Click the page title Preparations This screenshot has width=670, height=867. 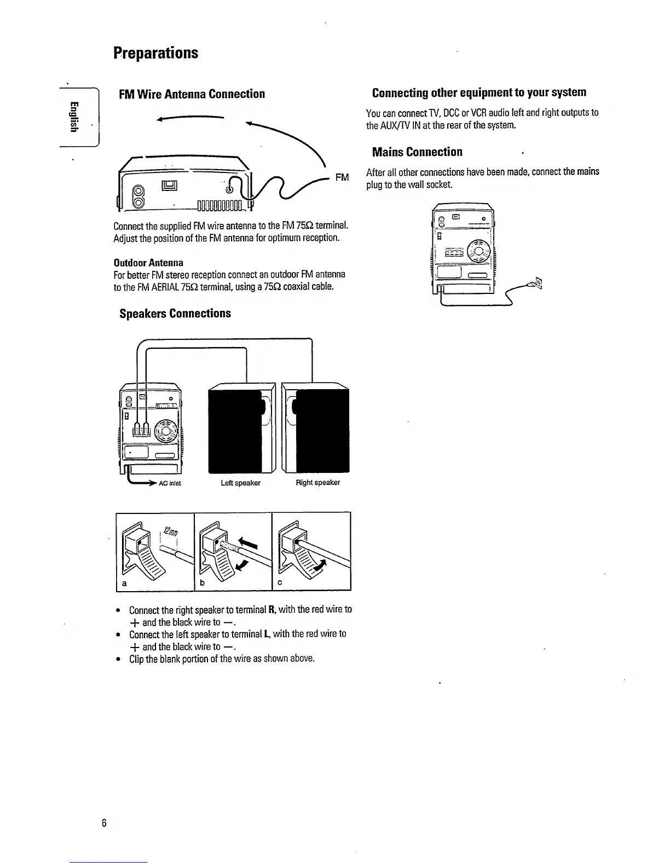coord(156,53)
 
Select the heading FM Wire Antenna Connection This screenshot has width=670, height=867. coord(192,94)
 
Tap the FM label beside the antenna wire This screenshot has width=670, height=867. coord(342,177)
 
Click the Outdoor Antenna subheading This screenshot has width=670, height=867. coord(148,262)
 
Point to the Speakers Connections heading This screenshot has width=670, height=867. coord(175,314)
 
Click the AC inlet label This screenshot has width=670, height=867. coord(170,483)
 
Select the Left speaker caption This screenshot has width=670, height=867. coord(240,483)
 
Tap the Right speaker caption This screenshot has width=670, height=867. coord(317,483)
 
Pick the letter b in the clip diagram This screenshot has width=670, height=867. coord(202,583)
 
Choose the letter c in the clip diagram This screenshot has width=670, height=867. coord(279,583)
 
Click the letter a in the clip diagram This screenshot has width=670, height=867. coord(124,583)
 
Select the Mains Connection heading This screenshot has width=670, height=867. coord(417,152)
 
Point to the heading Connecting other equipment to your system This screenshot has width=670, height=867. coord(479,93)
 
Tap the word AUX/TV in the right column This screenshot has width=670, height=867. coord(389,125)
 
